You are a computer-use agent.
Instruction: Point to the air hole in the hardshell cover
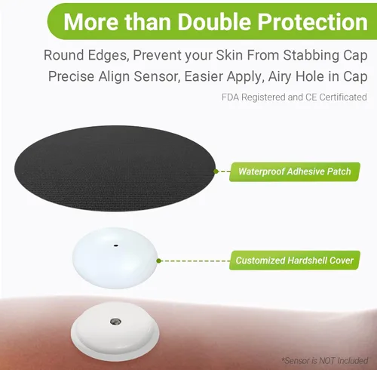[115, 245]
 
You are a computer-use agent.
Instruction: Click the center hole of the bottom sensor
[115, 321]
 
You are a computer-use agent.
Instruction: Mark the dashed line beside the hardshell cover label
[193, 261]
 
